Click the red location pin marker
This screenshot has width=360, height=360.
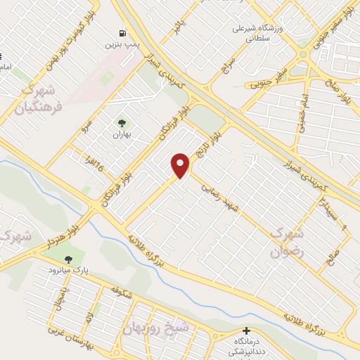coord(181,165)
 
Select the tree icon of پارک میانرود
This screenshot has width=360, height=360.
coord(68,259)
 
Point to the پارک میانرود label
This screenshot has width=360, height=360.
coord(65,270)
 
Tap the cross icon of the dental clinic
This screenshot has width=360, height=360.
coord(246,330)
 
